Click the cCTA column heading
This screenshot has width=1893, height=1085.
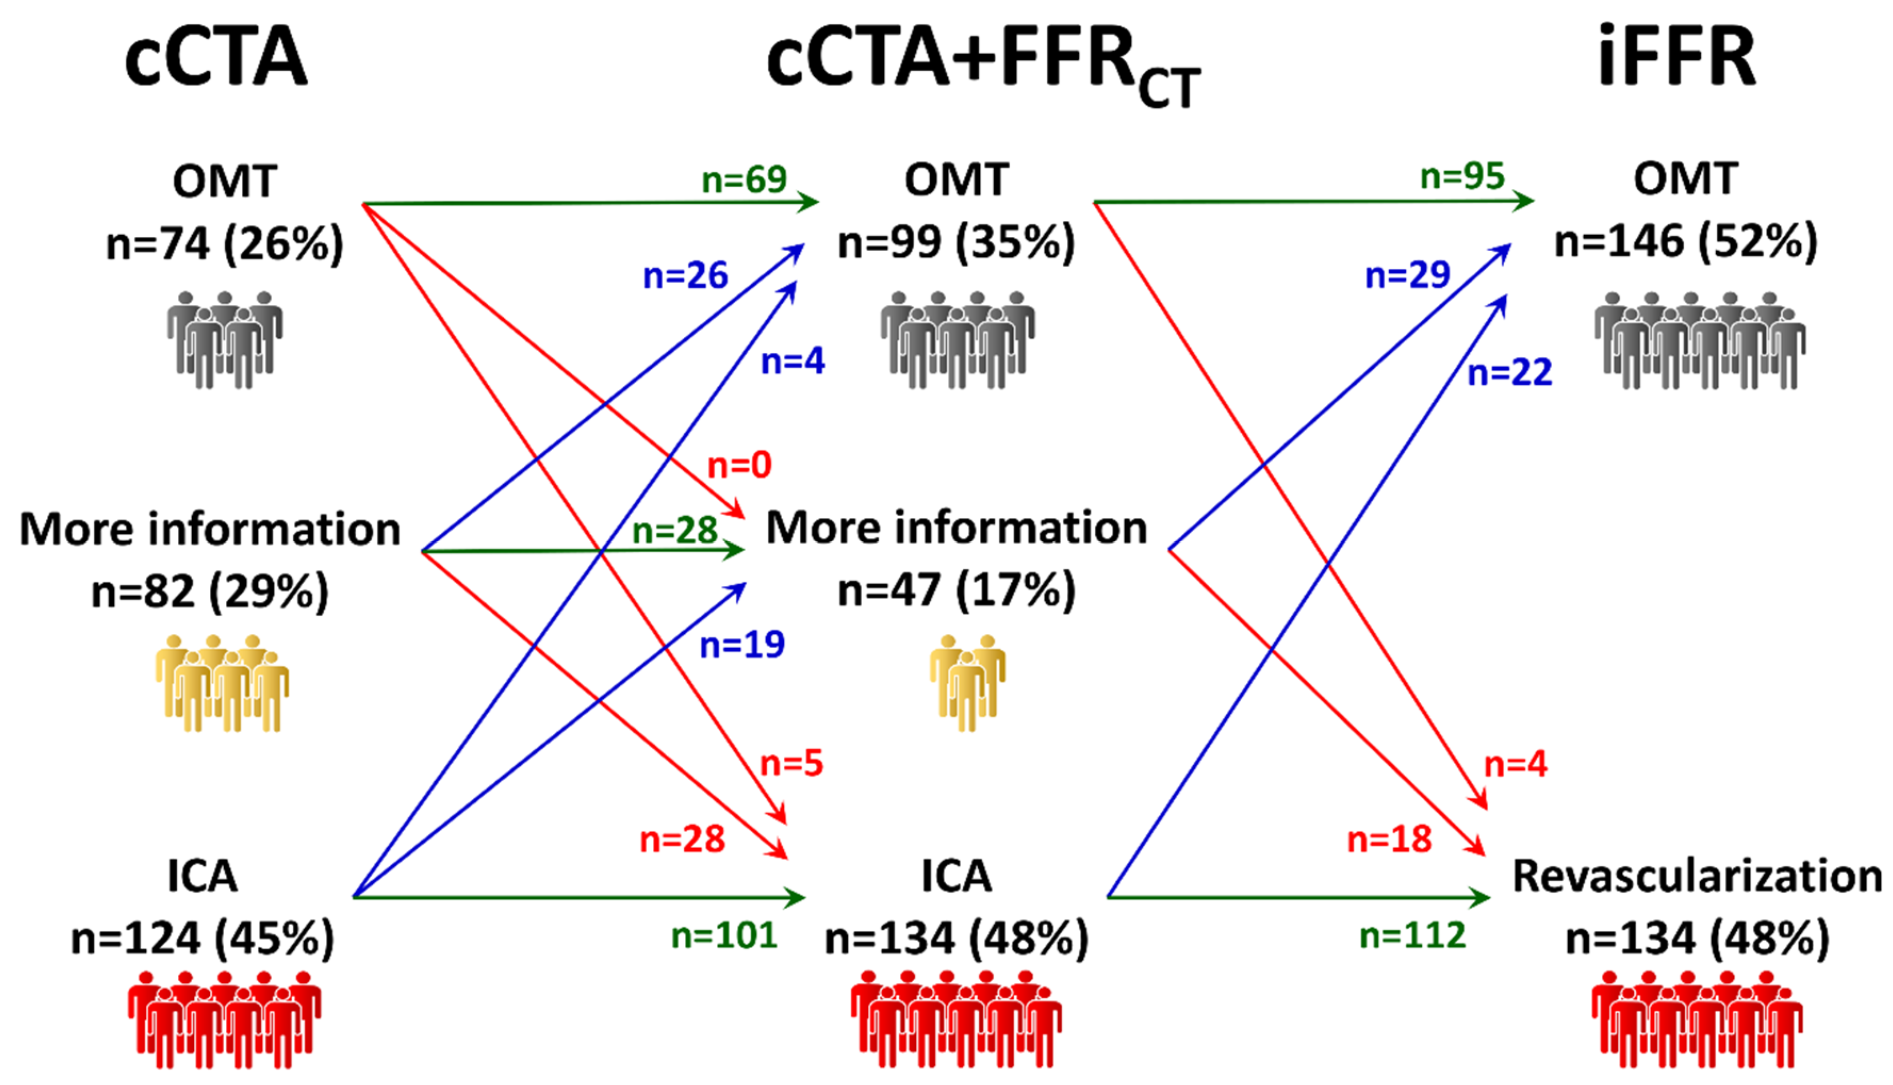coord(216,58)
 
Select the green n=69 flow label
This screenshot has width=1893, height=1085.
coord(744,179)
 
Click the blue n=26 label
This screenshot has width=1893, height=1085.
coord(685,276)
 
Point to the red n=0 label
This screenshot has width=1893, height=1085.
coord(739,466)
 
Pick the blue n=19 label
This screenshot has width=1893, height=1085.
coord(742,644)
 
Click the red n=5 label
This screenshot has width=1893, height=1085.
coord(791,764)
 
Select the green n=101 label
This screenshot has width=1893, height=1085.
coord(724,936)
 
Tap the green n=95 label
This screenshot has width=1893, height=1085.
coord(1462,177)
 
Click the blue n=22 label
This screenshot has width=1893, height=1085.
coord(1510,372)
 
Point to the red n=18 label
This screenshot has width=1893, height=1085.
coord(1389,840)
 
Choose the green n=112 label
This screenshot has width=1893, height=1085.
coord(1412,936)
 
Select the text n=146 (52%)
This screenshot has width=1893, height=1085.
coord(1686,242)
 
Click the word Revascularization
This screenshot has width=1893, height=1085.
coord(1697,876)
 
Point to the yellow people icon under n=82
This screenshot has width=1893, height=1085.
coord(222,683)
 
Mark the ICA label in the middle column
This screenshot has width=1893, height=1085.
coord(956,876)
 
